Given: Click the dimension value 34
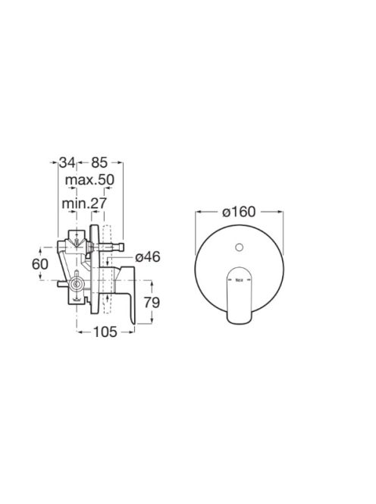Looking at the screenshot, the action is [67, 162].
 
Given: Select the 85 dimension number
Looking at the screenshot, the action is [99, 162].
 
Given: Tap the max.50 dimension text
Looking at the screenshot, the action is [89, 180].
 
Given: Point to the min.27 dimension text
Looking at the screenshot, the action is [84, 203].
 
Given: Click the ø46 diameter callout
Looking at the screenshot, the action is [148, 257].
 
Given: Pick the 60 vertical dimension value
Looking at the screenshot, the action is [40, 264].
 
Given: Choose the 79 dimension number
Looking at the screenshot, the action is [152, 302].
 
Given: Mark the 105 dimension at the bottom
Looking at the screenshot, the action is [105, 332].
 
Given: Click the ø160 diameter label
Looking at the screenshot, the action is [240, 212].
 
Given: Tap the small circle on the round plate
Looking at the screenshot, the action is [240, 247].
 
